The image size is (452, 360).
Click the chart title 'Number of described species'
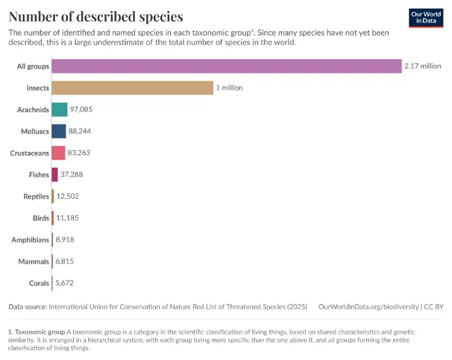[x=96, y=16]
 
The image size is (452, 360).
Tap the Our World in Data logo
[x=426, y=18]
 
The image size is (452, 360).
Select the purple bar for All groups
[x=226, y=66]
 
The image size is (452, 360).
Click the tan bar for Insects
[x=132, y=88]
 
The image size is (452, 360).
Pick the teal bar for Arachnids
[x=60, y=110]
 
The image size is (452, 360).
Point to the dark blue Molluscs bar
[x=59, y=131]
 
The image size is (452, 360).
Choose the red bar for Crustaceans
[x=58, y=153]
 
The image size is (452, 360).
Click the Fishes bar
[x=55, y=174]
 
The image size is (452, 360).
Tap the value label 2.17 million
[x=423, y=66]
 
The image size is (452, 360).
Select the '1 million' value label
[x=230, y=88]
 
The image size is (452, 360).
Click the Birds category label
[x=41, y=218]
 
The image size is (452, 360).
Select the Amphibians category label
[x=30, y=240]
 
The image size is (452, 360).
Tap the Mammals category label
[x=33, y=262]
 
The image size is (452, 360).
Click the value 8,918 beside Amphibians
[x=65, y=240]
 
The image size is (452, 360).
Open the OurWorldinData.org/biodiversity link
[x=369, y=307]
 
